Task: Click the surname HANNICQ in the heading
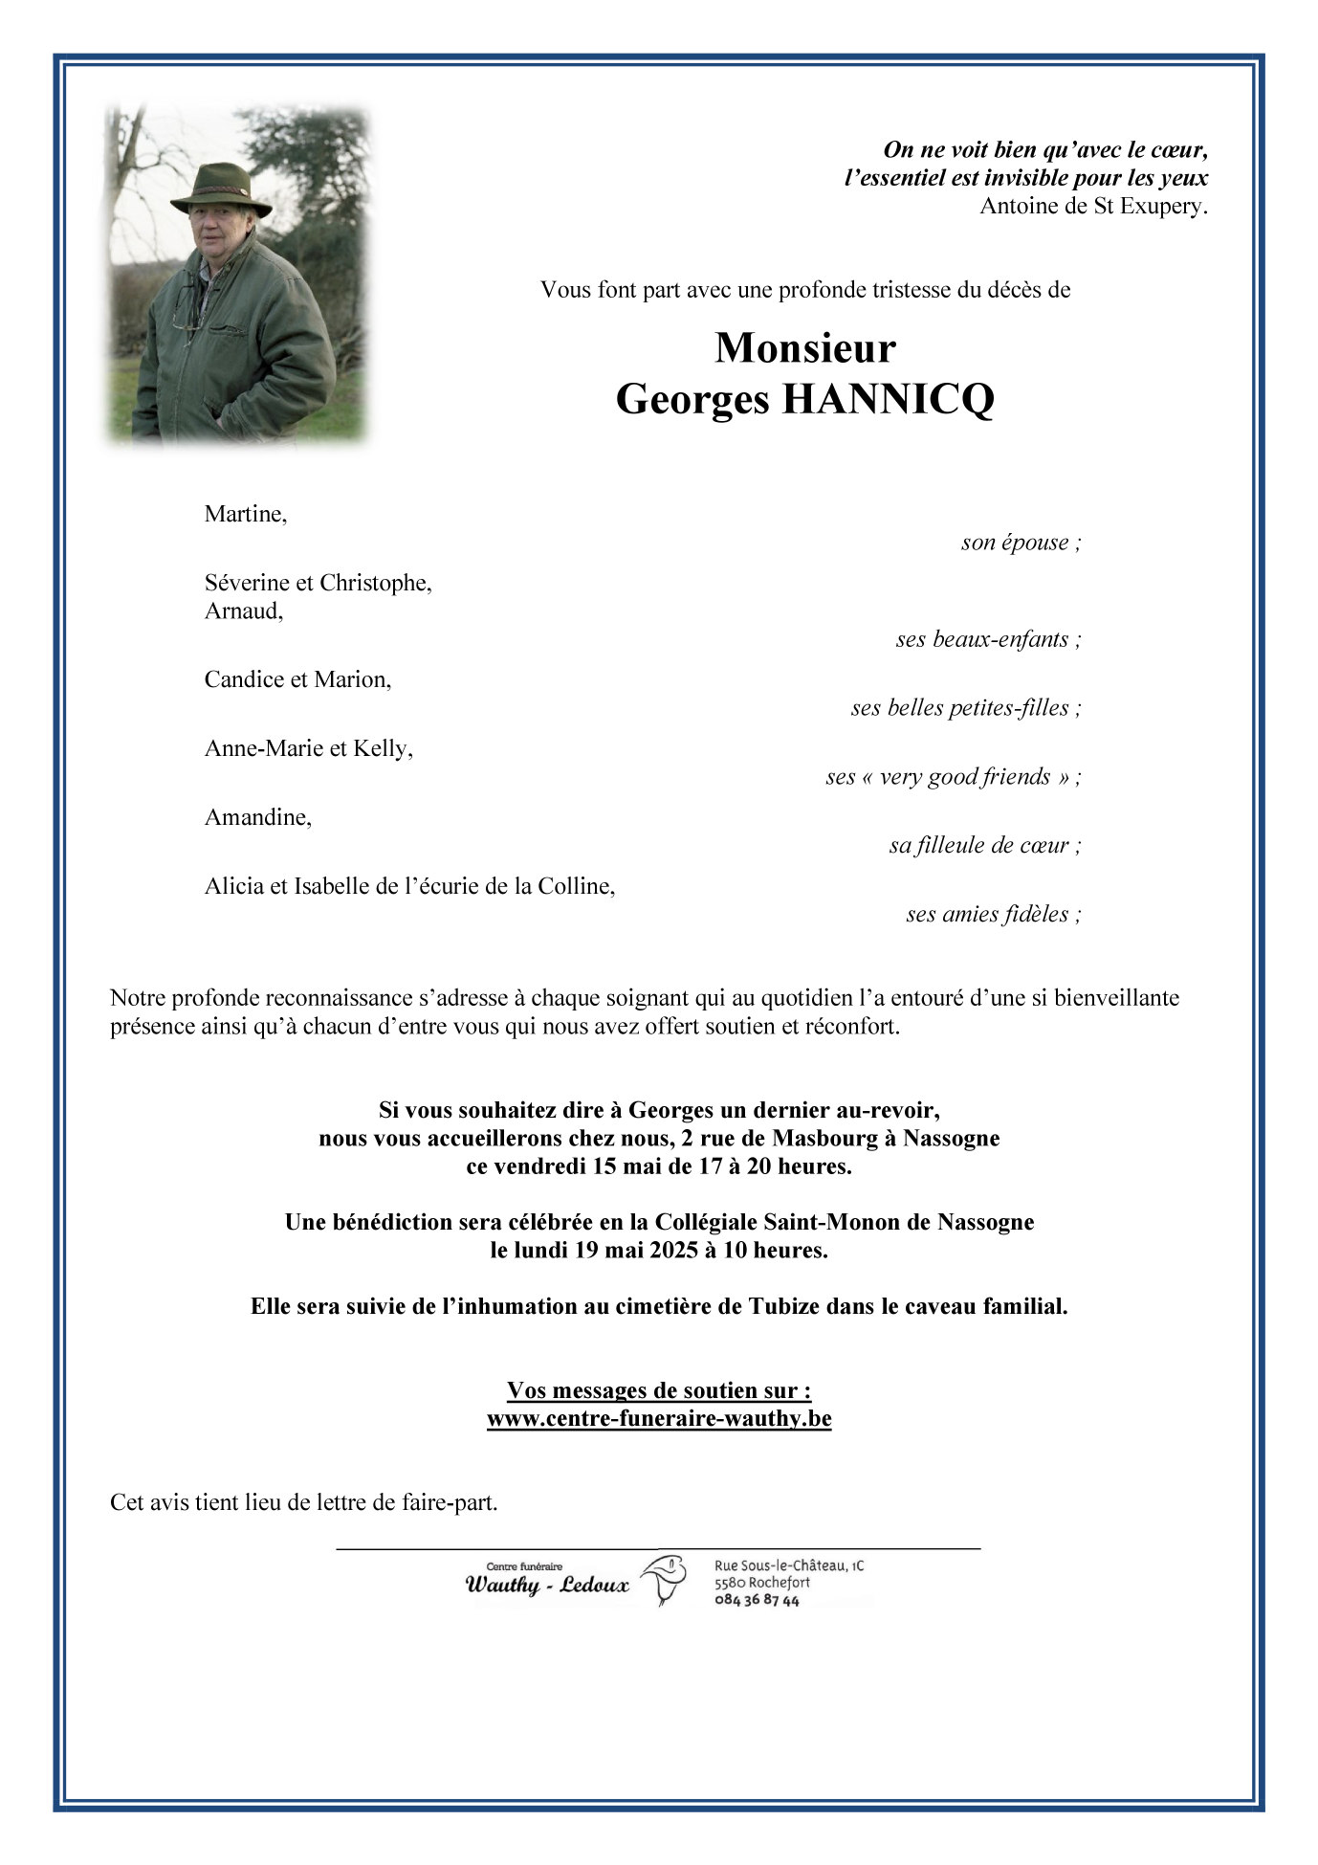point(889,399)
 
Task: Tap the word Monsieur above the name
point(804,348)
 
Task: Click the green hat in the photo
point(219,185)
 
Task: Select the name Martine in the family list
point(244,514)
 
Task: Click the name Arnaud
point(242,611)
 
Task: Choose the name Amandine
point(256,817)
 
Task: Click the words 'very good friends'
point(964,777)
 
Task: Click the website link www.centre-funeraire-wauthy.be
point(659,1418)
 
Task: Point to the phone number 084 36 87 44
point(757,1600)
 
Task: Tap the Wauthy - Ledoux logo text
point(547,1585)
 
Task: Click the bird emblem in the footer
point(664,1579)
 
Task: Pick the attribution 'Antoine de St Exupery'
point(1092,206)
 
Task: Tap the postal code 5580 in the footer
point(732,1583)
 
